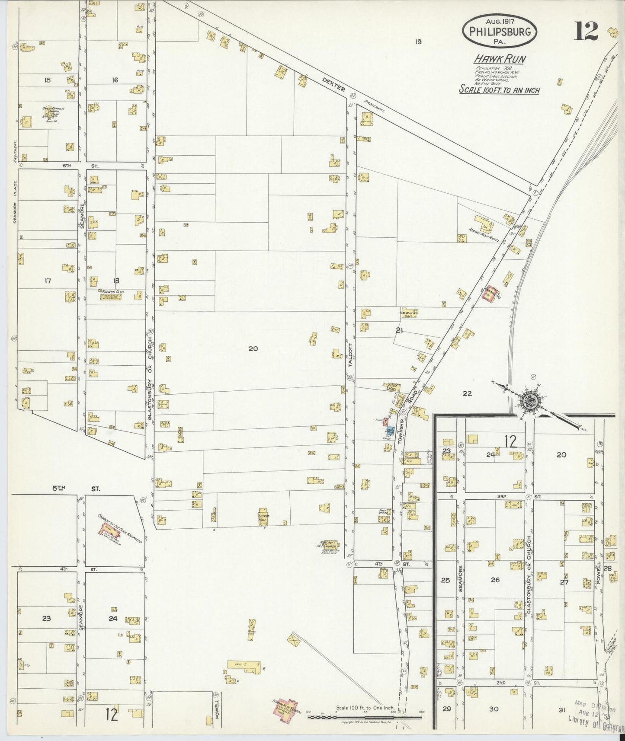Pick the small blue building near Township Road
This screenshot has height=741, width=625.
(390, 431)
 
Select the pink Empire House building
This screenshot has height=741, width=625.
(490, 295)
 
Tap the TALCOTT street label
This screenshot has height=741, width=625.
(351, 355)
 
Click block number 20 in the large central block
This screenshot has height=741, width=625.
(253, 348)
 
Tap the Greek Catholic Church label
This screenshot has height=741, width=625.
(53, 112)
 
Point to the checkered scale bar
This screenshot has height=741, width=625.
(365, 717)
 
